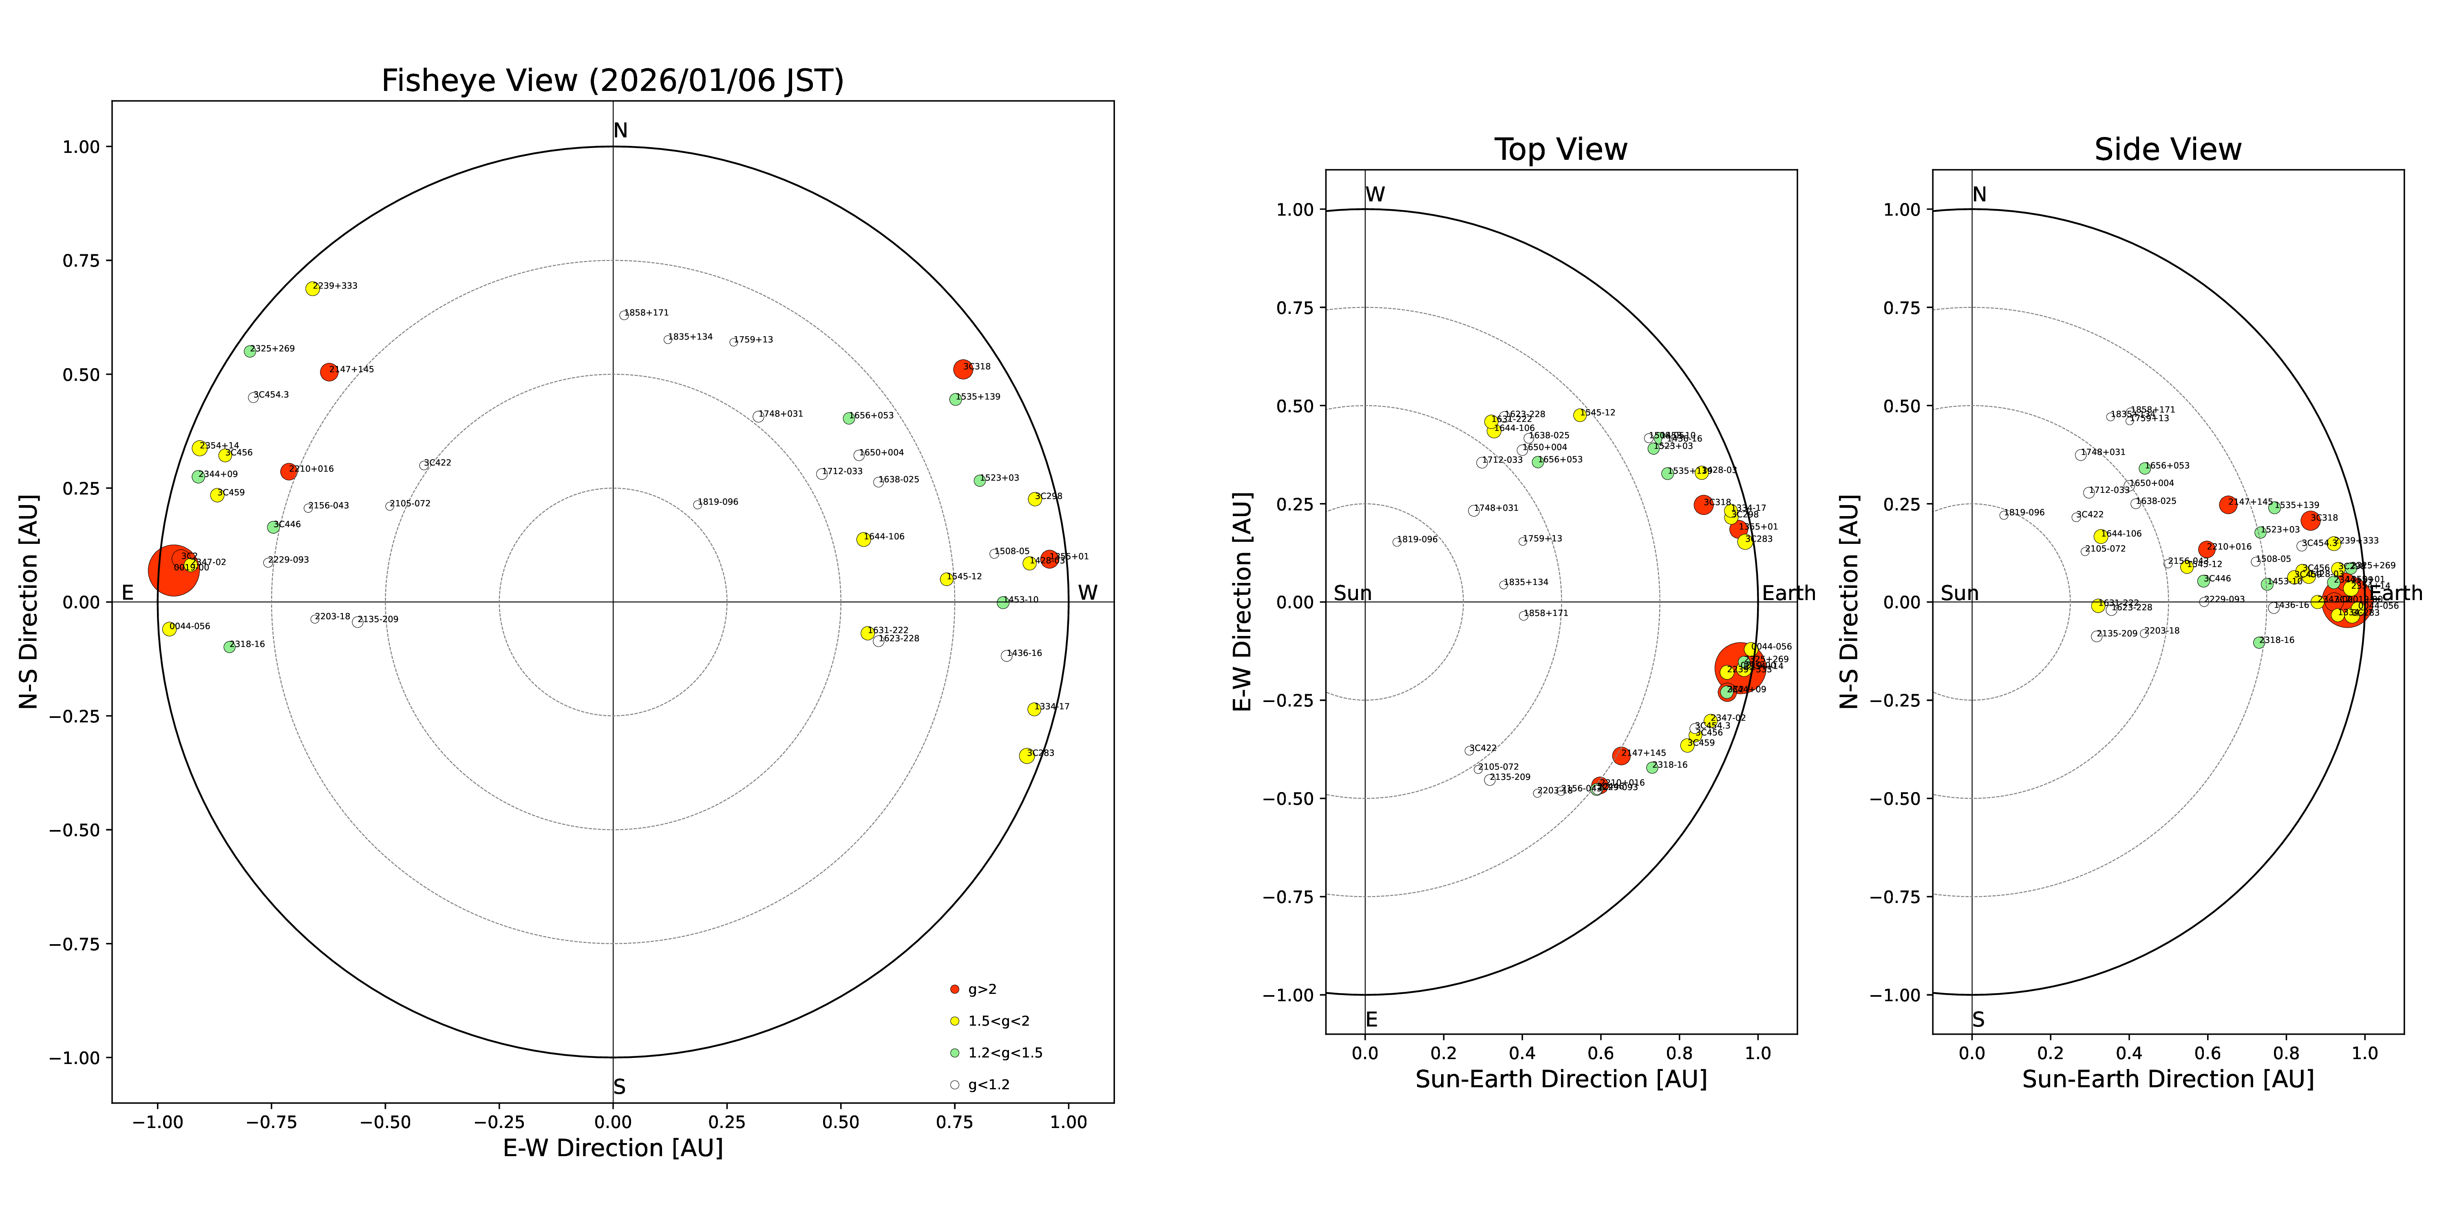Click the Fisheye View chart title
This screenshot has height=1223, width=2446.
pyautogui.click(x=612, y=81)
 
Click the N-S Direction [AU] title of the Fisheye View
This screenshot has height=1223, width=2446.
pyautogui.click(x=29, y=601)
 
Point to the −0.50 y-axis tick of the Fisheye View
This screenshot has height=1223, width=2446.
pyautogui.click(x=74, y=830)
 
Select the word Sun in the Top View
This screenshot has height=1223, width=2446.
pyautogui.click(x=1352, y=594)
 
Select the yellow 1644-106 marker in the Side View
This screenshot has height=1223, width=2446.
pyautogui.click(x=2100, y=536)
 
